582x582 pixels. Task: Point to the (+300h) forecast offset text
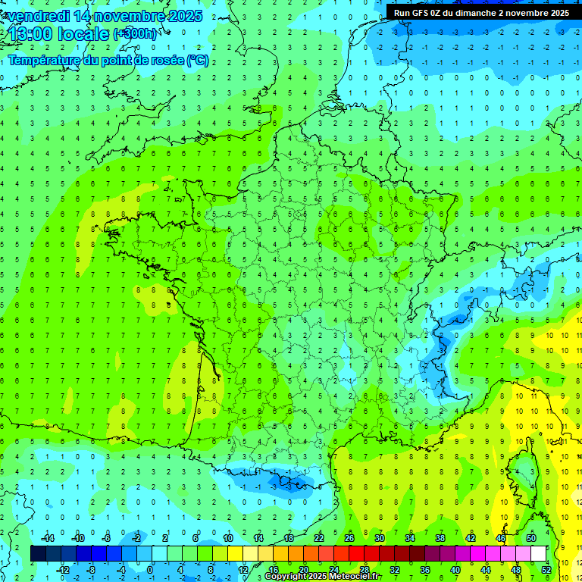point(136,34)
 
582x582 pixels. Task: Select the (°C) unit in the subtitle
point(197,61)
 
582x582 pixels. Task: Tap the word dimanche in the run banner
point(474,13)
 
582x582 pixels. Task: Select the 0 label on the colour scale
point(151,569)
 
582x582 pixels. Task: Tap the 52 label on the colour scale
point(546,569)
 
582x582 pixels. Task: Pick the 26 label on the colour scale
point(349,538)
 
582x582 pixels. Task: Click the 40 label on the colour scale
point(455,569)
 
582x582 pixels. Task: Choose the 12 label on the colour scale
point(243,569)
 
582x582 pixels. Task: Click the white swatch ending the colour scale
point(539,553)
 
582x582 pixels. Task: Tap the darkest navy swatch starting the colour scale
point(39,553)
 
